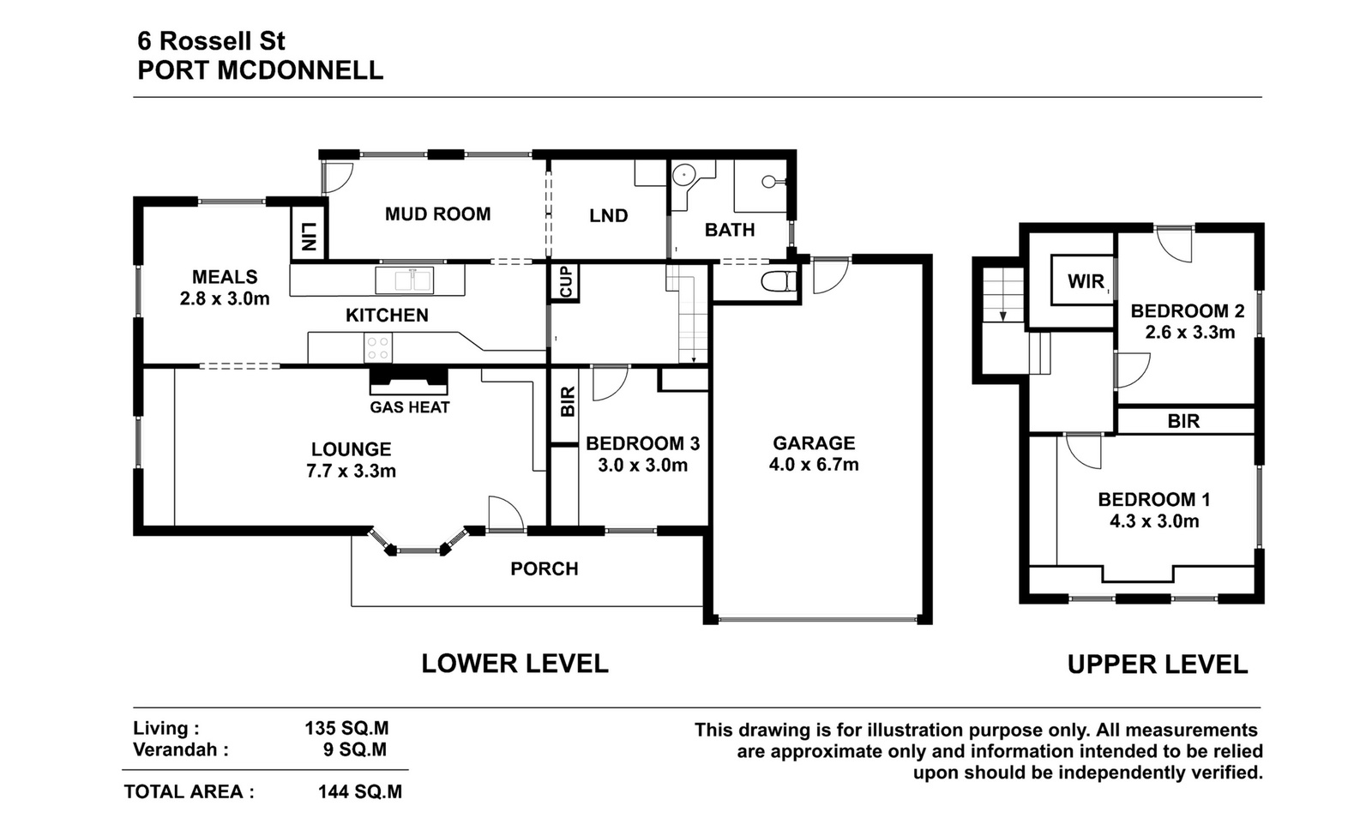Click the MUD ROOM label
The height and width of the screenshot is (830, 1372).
(437, 214)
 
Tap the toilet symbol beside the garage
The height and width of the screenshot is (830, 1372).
(778, 282)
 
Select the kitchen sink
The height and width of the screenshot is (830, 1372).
(404, 280)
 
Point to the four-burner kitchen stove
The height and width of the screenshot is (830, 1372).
(378, 348)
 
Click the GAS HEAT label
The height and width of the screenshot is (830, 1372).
(410, 407)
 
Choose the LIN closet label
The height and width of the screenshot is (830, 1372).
(309, 236)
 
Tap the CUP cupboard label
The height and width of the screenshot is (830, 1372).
(565, 282)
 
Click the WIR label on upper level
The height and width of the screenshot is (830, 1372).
(1086, 281)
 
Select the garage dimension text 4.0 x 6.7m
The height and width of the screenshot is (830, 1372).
(814, 465)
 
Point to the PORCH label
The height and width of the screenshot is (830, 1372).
(545, 568)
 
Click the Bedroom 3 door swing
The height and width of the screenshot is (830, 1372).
(610, 382)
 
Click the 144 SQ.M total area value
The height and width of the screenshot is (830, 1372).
(360, 792)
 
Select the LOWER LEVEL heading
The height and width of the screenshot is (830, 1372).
(514, 664)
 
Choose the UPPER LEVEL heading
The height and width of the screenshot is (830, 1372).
(1157, 665)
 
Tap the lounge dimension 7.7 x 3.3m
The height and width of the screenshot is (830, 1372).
(351, 471)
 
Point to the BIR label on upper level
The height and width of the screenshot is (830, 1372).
(1183, 421)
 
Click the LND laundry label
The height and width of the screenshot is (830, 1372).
(608, 215)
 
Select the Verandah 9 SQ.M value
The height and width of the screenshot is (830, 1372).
(355, 749)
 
